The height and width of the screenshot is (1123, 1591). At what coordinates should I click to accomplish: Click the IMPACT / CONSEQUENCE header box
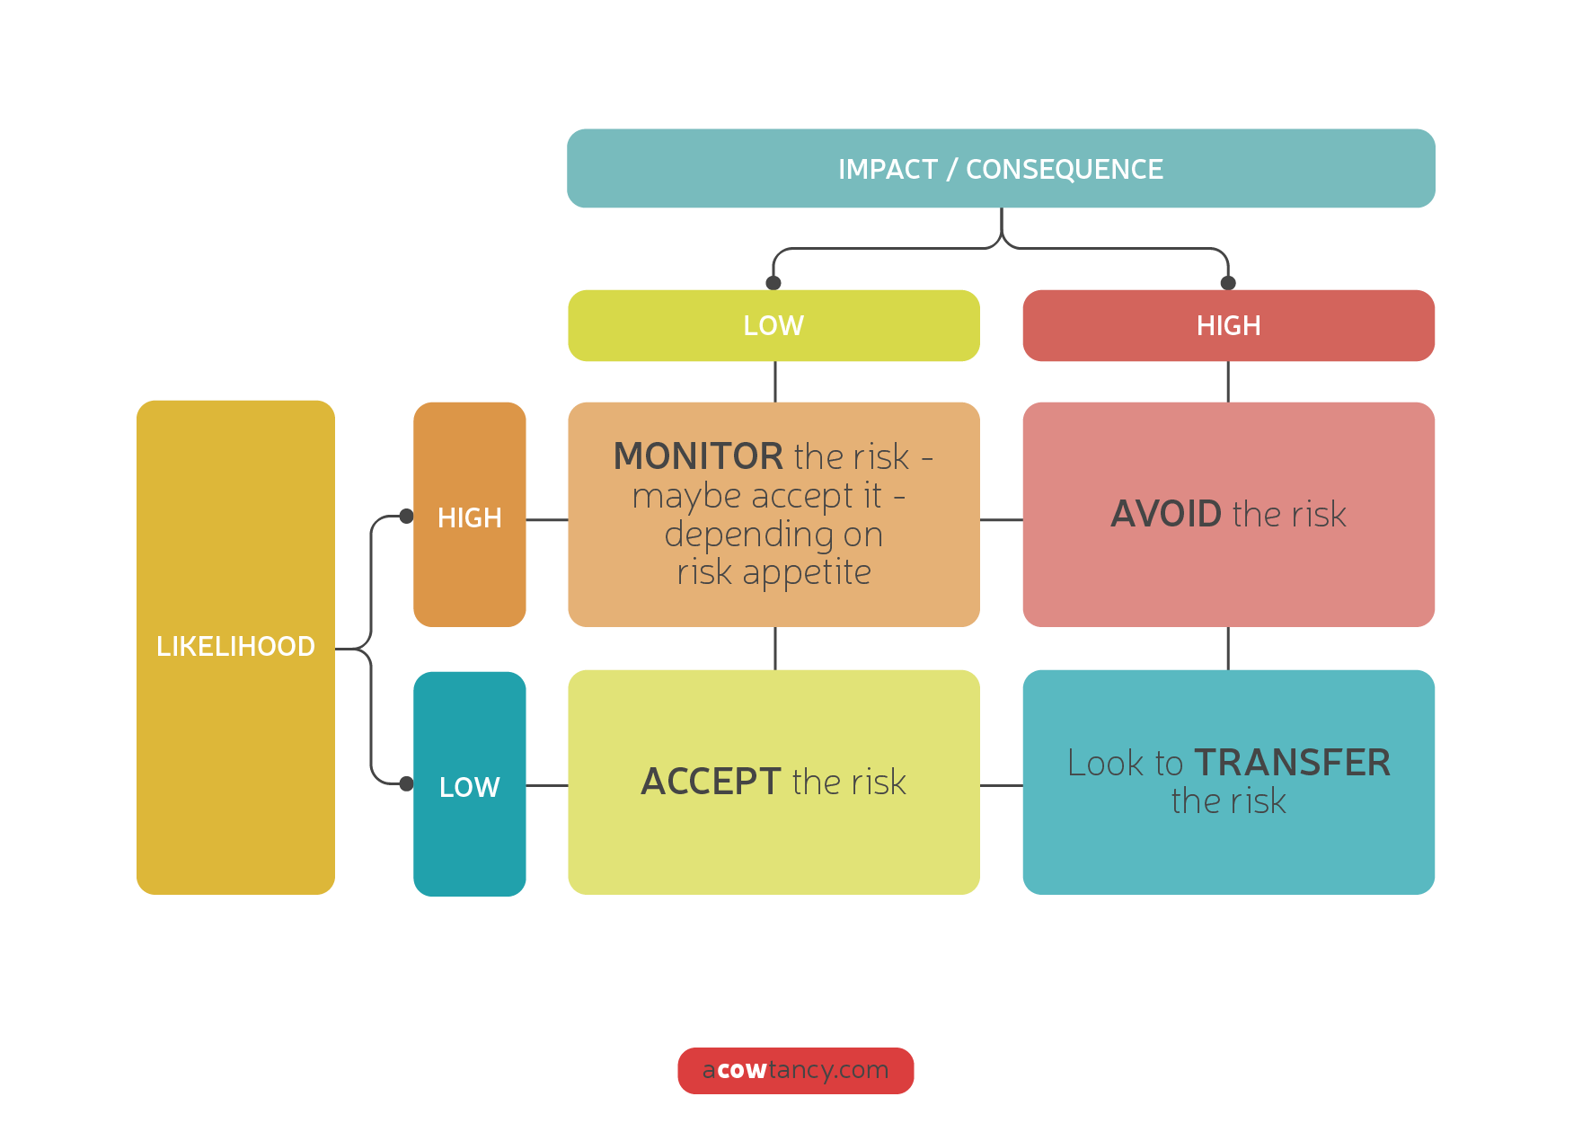point(1001,169)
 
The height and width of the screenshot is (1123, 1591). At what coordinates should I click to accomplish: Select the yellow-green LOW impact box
point(773,325)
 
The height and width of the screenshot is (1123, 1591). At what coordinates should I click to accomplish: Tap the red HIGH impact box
point(1228,325)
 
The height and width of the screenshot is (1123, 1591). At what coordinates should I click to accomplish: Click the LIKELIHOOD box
point(235,646)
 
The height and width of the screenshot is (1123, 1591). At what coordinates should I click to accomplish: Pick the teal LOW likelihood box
point(469,784)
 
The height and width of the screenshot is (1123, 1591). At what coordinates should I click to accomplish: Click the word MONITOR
point(698,456)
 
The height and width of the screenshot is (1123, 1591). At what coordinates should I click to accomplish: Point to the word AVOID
point(1166,514)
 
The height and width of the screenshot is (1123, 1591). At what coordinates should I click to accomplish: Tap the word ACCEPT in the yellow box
point(710,782)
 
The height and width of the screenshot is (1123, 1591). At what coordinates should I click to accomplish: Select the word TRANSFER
point(1292,763)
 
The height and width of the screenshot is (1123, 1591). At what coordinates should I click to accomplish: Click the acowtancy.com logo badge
point(795,1070)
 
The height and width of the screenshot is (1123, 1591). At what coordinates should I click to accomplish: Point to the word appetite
point(807,572)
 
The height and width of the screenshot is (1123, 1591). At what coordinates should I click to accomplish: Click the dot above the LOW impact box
point(773,283)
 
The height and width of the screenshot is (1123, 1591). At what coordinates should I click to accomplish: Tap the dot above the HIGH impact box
point(1228,283)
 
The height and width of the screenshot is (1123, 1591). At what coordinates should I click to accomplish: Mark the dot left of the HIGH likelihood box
point(406,517)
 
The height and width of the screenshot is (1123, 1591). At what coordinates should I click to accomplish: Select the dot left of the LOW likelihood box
point(406,783)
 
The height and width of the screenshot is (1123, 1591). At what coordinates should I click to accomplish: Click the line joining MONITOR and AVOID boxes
point(1001,519)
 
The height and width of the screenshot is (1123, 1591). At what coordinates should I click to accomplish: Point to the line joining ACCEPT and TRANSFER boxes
point(1001,785)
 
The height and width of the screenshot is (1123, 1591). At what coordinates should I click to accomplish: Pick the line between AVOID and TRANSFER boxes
point(1228,648)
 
